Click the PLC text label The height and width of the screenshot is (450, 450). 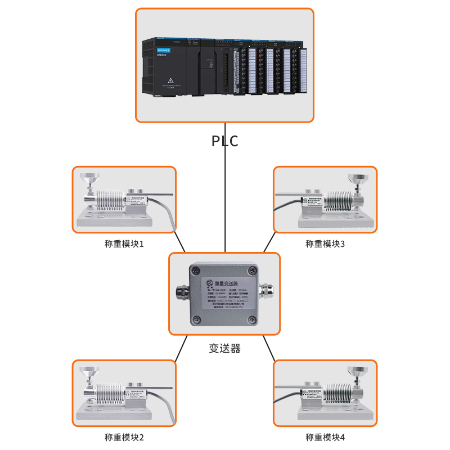click(225, 141)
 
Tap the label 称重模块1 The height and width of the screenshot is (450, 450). click(124, 244)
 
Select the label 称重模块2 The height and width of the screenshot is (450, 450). click(124, 437)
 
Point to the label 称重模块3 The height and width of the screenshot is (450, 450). click(325, 244)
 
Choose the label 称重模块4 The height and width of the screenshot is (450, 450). click(325, 437)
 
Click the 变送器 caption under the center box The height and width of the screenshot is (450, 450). click(224, 349)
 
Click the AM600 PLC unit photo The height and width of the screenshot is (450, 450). click(225, 67)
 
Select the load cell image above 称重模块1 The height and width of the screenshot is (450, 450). click(124, 200)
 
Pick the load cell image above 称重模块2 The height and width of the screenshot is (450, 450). click(124, 393)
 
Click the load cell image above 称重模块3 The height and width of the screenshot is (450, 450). click(325, 200)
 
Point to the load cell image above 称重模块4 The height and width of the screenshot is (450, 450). click(325, 393)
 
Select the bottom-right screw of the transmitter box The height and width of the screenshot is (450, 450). click(253, 318)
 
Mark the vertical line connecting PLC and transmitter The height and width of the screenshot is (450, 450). click(225, 197)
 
